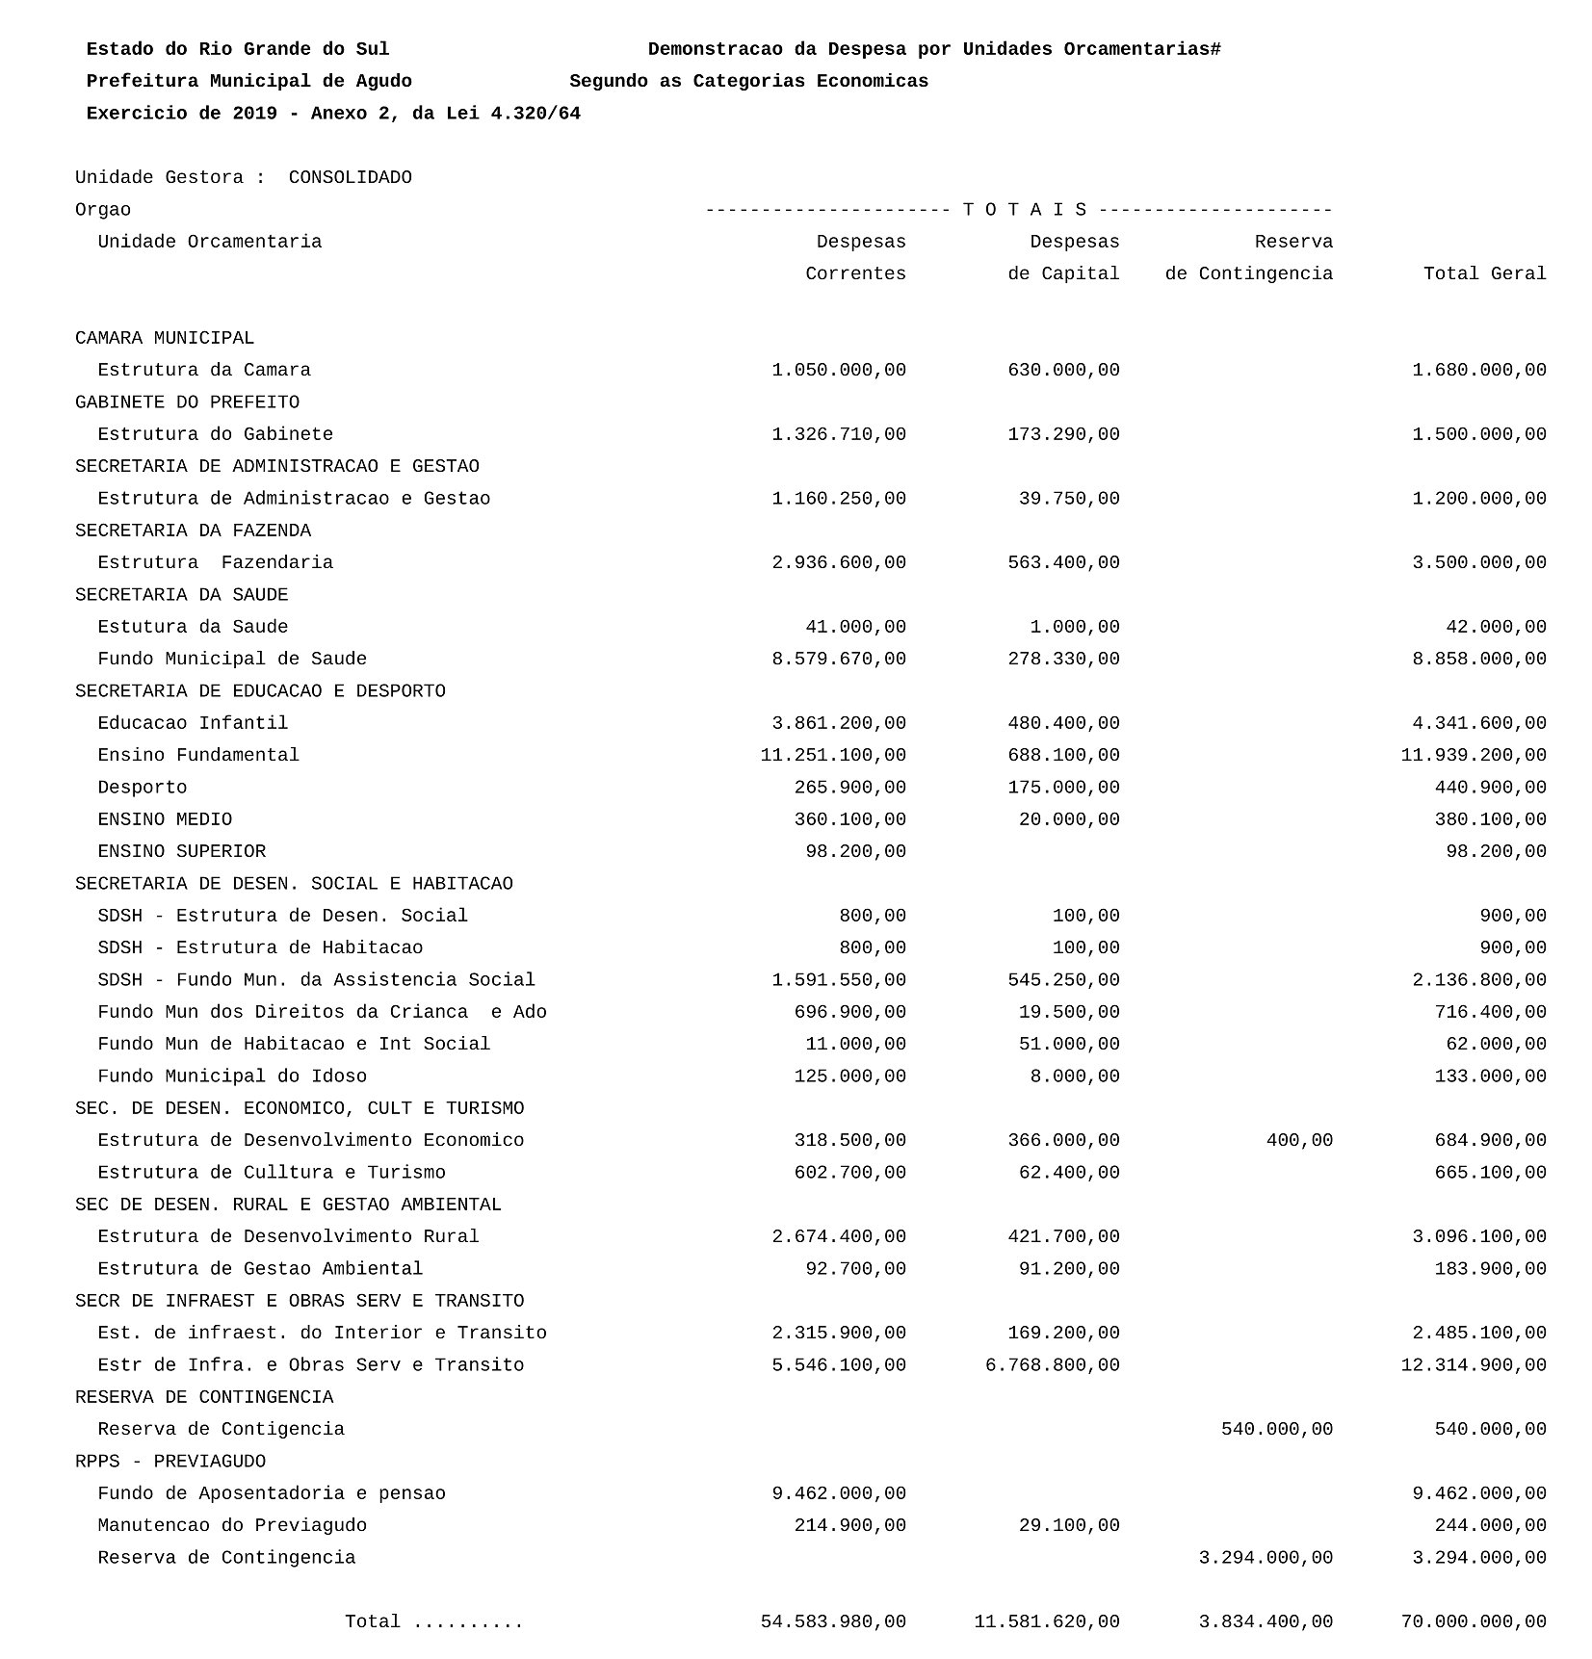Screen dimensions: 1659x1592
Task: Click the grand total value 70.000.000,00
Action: coord(1474,1622)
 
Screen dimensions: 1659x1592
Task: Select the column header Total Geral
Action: coord(1484,274)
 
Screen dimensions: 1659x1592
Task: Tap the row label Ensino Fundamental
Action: coord(198,756)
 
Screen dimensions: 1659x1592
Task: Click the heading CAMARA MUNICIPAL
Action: coord(165,339)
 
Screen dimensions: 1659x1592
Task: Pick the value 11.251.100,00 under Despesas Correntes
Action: coord(833,756)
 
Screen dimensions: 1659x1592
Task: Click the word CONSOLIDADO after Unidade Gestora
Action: coord(350,178)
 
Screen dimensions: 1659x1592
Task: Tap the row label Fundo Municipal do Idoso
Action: coord(232,1076)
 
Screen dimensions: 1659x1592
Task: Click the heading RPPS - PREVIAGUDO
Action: coord(170,1462)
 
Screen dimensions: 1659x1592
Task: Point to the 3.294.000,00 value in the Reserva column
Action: coord(1266,1558)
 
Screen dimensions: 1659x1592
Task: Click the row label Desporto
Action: coord(143,788)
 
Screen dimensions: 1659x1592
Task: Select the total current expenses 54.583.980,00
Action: coord(833,1622)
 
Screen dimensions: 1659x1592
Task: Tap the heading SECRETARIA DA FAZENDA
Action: coord(193,531)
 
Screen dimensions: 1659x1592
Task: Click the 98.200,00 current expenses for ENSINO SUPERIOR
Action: coord(855,852)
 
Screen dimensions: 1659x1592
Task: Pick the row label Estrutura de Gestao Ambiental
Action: coord(260,1269)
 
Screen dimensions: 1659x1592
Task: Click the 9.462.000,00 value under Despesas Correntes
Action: coord(839,1493)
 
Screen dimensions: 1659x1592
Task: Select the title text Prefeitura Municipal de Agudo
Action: coord(248,82)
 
